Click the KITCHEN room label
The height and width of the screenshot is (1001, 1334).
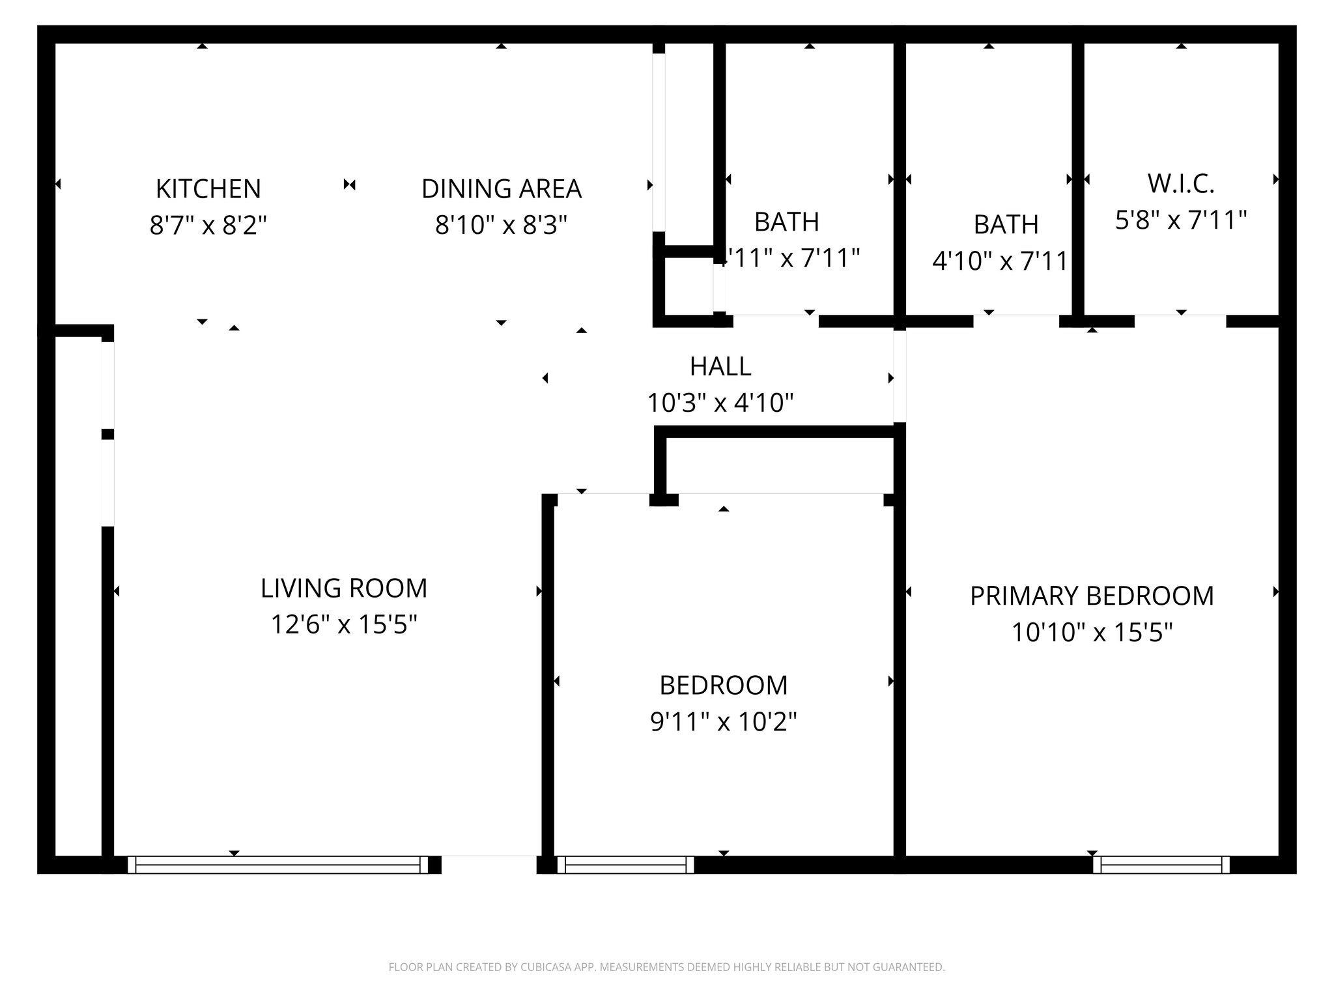pos(208,189)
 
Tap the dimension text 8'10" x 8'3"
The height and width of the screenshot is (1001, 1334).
pos(501,225)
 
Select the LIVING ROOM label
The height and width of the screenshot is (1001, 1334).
pos(344,588)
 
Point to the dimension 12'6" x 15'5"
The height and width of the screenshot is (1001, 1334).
pos(344,625)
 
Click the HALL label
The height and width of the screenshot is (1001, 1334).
pos(720,367)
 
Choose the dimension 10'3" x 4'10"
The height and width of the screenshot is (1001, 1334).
pos(720,403)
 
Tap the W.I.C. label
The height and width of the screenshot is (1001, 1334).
pos(1181,184)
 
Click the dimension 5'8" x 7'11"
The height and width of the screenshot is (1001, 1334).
pos(1181,221)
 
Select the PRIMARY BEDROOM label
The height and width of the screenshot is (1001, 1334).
pos(1092,596)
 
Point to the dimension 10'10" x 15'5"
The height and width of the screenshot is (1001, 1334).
pos(1092,633)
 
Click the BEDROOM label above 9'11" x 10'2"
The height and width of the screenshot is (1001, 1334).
pos(723,686)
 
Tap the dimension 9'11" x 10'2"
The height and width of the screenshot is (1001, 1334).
pos(723,722)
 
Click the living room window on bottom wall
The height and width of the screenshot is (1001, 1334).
pos(278,865)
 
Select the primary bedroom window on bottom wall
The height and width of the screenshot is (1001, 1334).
pos(1161,865)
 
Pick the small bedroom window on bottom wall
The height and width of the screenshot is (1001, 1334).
pos(625,865)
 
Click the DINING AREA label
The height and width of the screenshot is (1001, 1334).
pos(501,189)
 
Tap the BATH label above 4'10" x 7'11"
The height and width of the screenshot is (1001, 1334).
pos(1006,225)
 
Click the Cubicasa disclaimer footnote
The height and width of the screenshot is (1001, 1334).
pos(666,967)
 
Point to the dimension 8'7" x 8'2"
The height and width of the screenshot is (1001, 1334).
pos(208,225)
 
